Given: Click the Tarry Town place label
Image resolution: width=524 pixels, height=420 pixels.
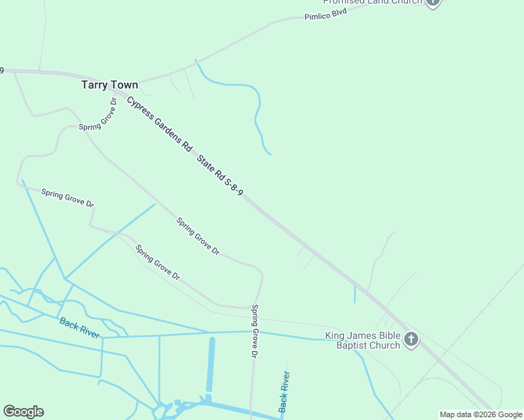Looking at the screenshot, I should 109,85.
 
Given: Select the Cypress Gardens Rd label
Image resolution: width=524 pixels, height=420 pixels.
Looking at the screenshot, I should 159,124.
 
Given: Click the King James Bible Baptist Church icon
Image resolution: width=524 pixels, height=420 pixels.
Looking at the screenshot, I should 411,340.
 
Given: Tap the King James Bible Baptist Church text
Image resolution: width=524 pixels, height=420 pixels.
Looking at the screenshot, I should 363,340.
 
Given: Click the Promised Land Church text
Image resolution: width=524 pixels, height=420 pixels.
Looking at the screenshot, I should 372,2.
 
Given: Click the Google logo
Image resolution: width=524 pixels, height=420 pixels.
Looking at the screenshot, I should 23,412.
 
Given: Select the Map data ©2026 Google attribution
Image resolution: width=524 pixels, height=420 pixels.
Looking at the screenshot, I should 481,414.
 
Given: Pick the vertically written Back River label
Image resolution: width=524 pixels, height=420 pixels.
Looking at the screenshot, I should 284,391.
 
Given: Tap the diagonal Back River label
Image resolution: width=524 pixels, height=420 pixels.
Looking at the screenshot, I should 79,327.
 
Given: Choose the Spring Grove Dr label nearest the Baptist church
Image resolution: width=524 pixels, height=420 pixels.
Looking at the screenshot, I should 254,332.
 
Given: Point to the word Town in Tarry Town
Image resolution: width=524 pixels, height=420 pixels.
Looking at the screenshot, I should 125,85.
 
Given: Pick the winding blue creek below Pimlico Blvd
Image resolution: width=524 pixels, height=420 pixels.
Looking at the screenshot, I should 257,112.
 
